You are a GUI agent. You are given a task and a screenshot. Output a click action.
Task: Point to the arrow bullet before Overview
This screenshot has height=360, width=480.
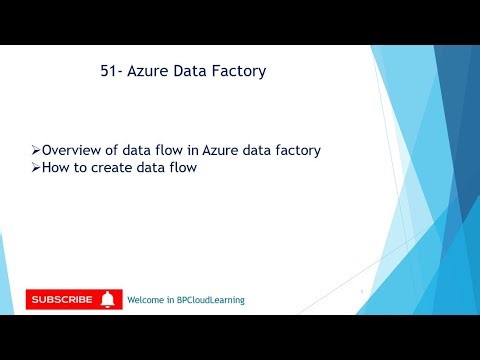34,150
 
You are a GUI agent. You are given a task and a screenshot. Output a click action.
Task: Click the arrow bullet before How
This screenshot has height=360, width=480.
34,168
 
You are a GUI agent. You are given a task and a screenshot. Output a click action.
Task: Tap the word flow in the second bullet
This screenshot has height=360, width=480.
182,168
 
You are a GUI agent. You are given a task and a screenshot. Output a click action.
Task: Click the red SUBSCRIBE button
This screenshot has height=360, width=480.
74,299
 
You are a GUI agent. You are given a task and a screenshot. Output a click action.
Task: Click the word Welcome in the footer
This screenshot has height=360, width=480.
146,300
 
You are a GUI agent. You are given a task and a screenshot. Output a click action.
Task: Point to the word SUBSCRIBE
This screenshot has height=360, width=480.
62,299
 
